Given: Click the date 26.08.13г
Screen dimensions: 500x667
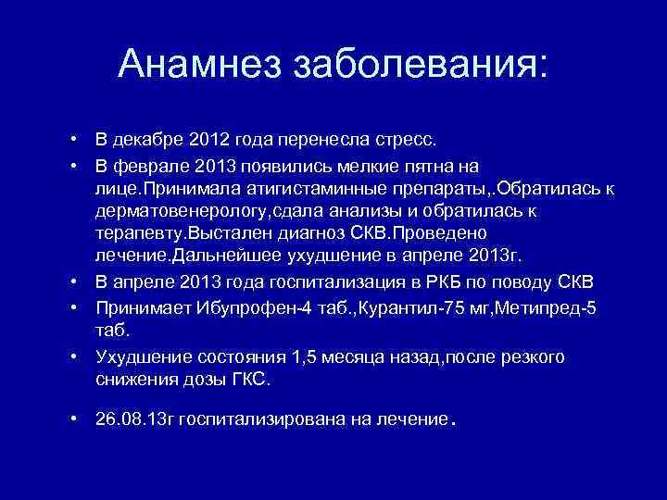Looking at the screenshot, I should (133, 419).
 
